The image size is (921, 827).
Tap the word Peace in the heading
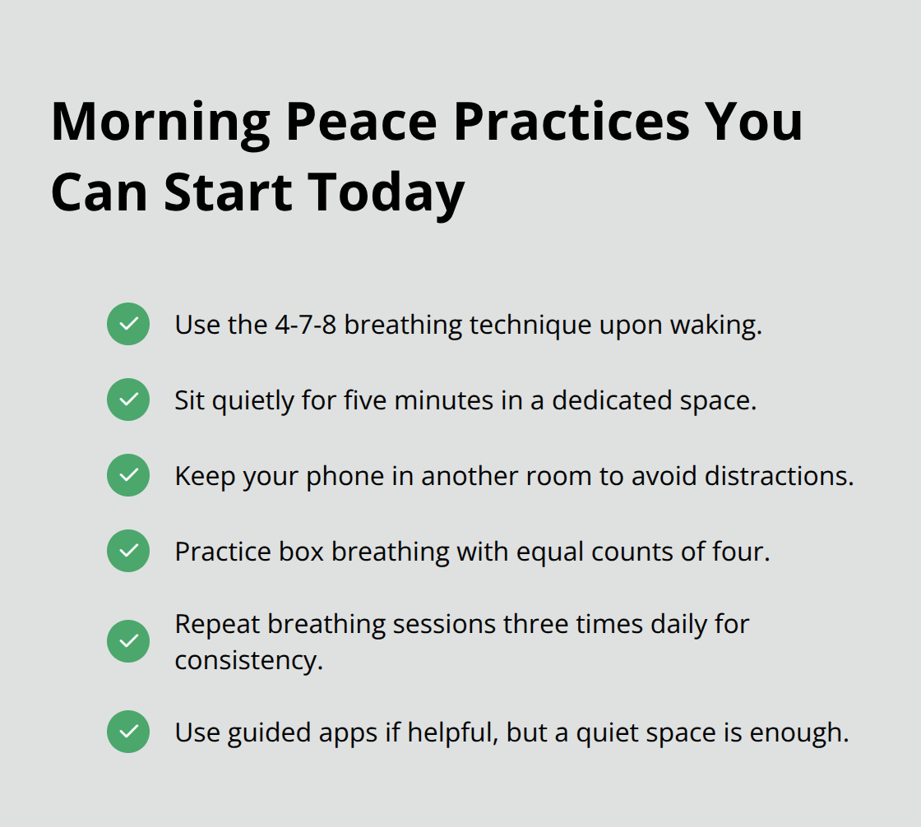point(361,122)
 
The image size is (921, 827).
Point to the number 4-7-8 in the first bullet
point(304,325)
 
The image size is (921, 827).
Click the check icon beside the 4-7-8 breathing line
point(128,324)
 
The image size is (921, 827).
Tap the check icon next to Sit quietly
point(128,400)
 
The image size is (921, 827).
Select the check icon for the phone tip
point(128,475)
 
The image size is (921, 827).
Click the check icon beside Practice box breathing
point(128,551)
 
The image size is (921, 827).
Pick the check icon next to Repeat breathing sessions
point(128,641)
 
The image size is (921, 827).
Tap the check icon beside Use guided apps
point(128,732)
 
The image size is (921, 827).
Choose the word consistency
point(248,660)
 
